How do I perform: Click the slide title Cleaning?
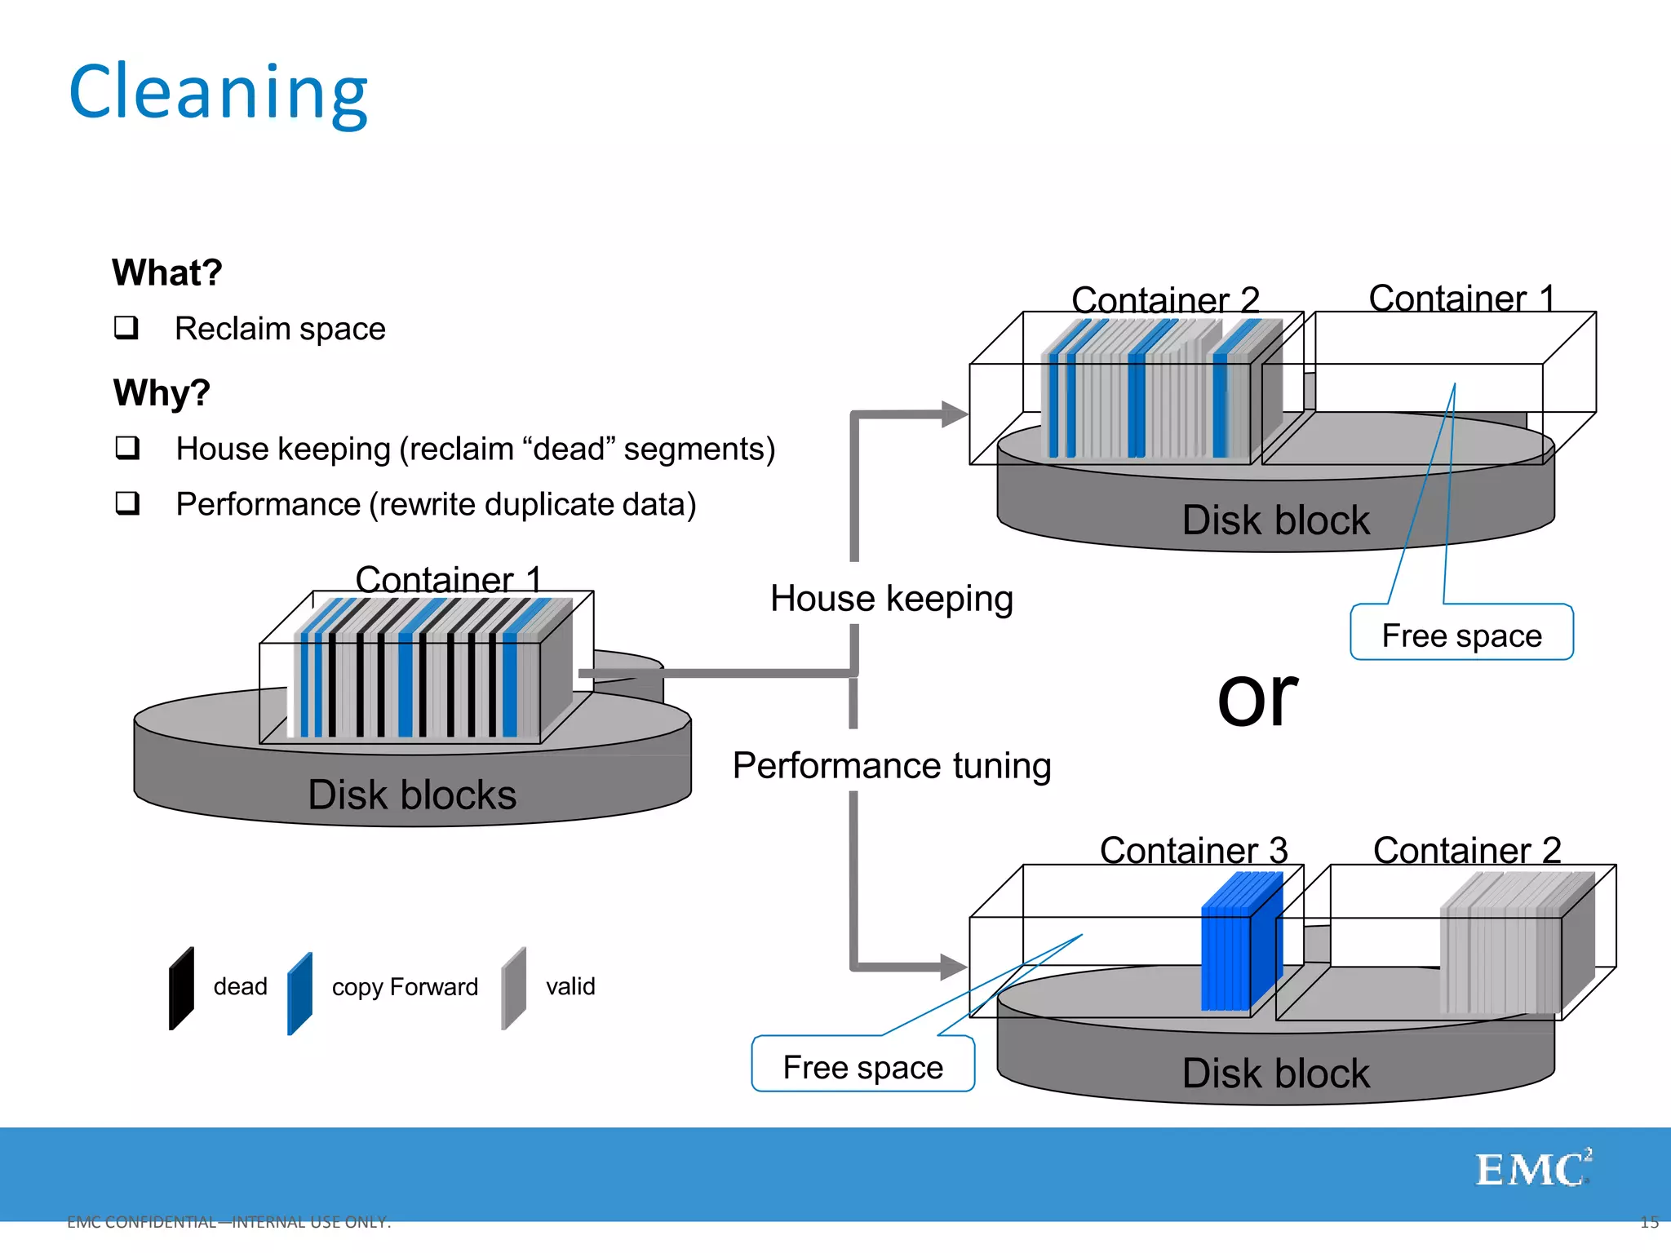coord(219,92)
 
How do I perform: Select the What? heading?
coord(166,272)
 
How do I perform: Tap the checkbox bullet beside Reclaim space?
coord(126,328)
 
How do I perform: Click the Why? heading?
coord(162,392)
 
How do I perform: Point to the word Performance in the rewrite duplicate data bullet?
coord(268,504)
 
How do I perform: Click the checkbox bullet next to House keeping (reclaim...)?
coord(127,448)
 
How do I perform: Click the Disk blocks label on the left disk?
coord(412,795)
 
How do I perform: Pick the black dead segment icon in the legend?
coord(181,989)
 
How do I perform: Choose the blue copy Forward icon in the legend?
coord(299,993)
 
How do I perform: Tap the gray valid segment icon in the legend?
coord(513,988)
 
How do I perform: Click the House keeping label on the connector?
coord(891,598)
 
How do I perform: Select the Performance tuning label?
coord(891,765)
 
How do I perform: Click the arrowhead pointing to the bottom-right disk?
coord(952,967)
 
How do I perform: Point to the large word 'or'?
coord(1257,698)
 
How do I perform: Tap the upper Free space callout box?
coord(1461,634)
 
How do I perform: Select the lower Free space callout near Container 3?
coord(862,1065)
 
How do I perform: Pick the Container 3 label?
coord(1193,850)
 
